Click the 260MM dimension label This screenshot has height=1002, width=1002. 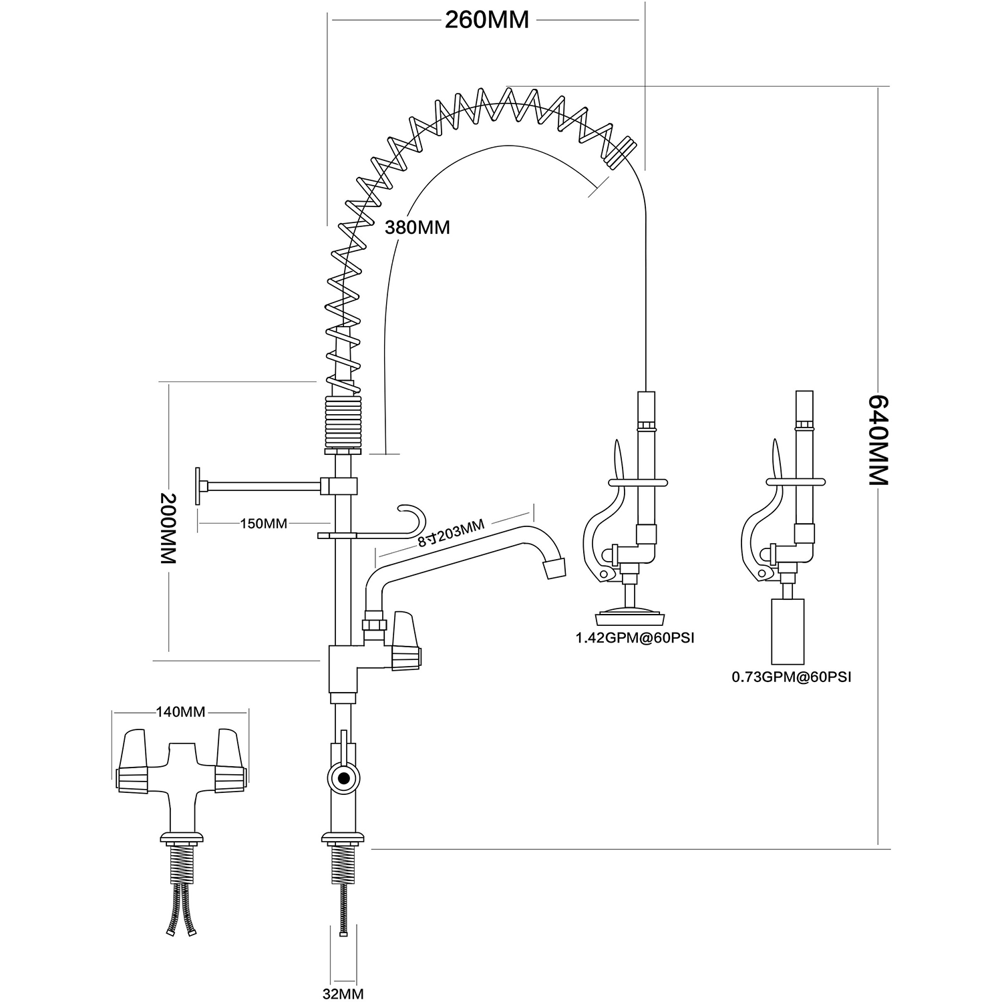pyautogui.click(x=487, y=20)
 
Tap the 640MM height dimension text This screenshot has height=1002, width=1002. pyautogui.click(x=878, y=440)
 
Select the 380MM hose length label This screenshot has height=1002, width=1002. pyautogui.click(x=417, y=228)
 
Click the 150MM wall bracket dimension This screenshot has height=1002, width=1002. pyautogui.click(x=263, y=524)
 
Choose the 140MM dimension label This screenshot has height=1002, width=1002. pyautogui.click(x=180, y=712)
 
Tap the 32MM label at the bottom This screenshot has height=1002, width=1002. pyautogui.click(x=343, y=994)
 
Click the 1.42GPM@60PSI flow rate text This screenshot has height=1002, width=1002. pyautogui.click(x=635, y=638)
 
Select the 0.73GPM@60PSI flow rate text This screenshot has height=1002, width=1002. pyautogui.click(x=792, y=677)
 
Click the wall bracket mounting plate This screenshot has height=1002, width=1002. pyautogui.click(x=199, y=486)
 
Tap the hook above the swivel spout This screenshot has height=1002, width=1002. pyautogui.click(x=411, y=517)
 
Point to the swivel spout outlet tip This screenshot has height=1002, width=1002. pyautogui.click(x=554, y=568)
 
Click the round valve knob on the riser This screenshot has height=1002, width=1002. pyautogui.click(x=343, y=778)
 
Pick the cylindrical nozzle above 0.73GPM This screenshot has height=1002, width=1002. pyautogui.click(x=789, y=629)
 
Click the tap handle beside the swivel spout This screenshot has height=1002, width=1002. pyautogui.click(x=406, y=642)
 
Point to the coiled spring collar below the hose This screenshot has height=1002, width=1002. pyautogui.click(x=343, y=423)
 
